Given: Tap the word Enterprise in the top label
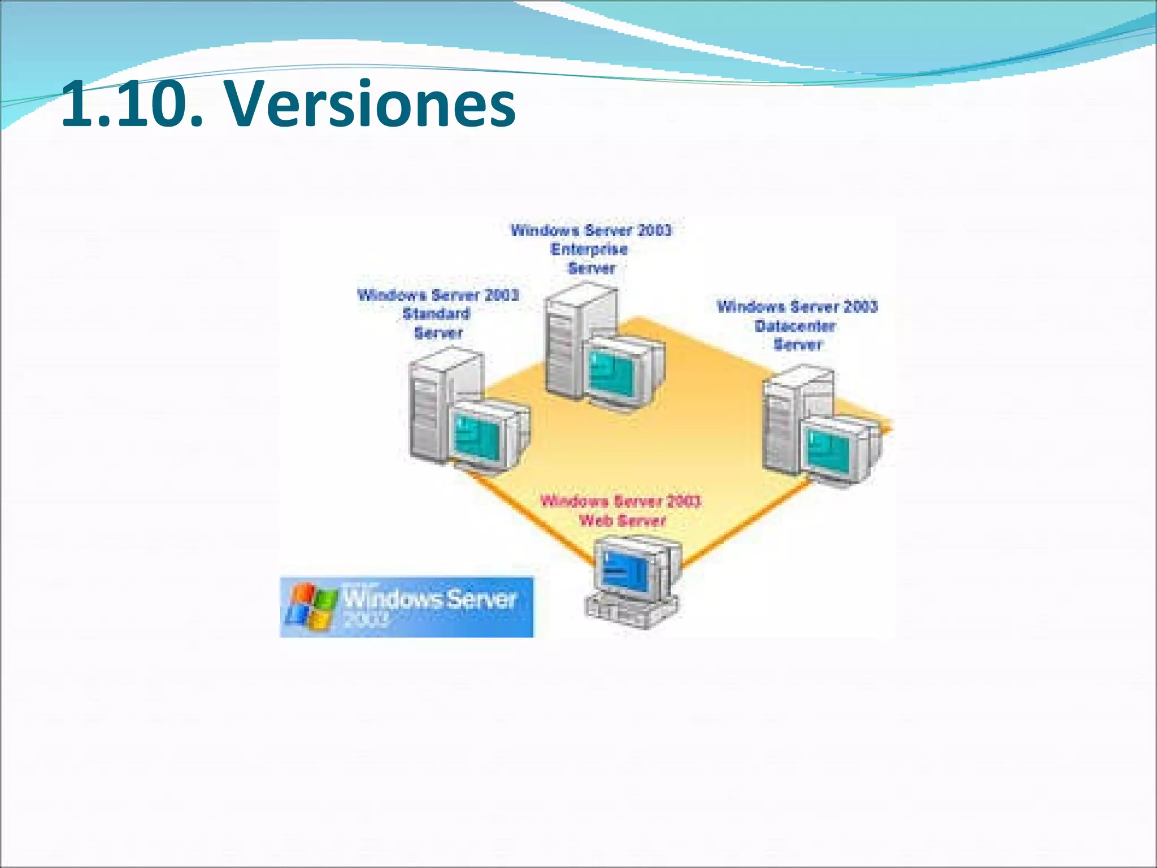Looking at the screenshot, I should click(x=589, y=249).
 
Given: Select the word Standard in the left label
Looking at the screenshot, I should click(x=436, y=314).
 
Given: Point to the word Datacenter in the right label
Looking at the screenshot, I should click(x=795, y=326).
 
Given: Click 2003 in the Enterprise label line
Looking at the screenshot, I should click(x=654, y=231).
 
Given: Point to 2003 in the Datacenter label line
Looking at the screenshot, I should click(x=860, y=307).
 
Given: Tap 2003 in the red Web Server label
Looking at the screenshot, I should click(x=684, y=501).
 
